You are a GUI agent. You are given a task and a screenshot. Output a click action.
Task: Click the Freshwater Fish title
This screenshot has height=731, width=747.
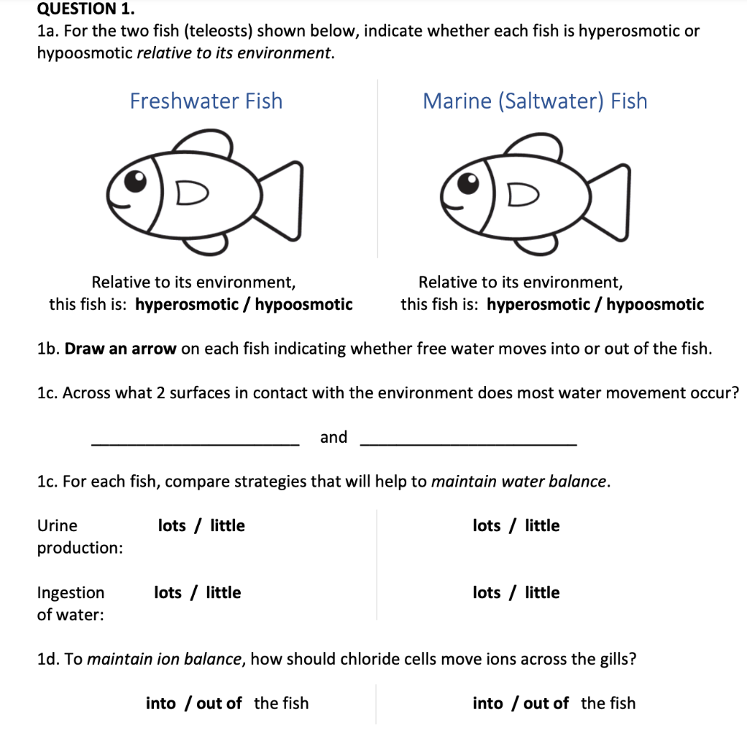click(206, 101)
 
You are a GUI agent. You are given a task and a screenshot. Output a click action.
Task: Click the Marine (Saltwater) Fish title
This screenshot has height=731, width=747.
click(535, 101)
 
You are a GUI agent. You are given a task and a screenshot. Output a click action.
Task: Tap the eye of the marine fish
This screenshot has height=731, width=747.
click(468, 179)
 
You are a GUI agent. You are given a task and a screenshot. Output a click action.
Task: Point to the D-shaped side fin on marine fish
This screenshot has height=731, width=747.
click(523, 193)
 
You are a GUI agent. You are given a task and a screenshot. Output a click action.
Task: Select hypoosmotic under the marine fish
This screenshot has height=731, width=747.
click(655, 304)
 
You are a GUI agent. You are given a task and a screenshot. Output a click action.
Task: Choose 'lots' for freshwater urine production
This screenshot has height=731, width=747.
click(172, 526)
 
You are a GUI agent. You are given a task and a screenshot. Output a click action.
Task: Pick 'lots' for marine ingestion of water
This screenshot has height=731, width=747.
click(487, 593)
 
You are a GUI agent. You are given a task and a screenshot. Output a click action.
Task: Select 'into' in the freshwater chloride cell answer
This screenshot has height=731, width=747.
click(160, 703)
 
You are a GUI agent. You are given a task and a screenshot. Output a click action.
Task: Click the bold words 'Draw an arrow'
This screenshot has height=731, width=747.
click(120, 349)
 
